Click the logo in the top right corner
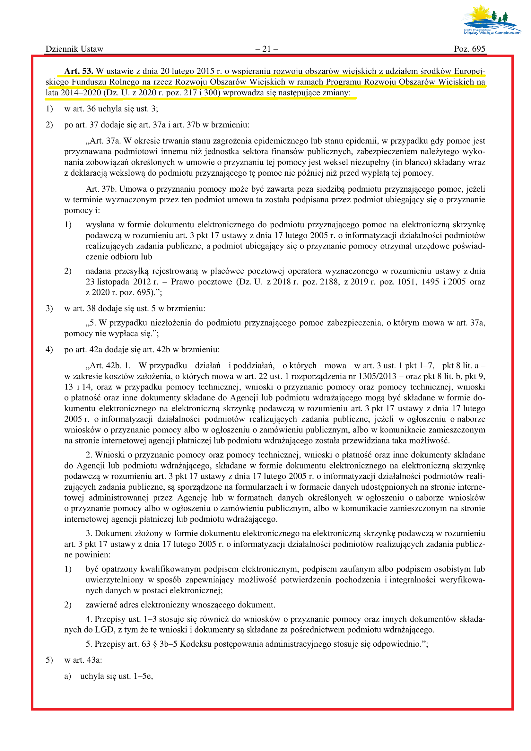[492, 20]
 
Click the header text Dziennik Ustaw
[74, 49]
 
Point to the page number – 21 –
[266, 49]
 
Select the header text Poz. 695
[469, 49]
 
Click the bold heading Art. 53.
[79, 71]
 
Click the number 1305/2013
[377, 377]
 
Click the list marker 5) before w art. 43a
[49, 660]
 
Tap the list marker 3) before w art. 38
[49, 309]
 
